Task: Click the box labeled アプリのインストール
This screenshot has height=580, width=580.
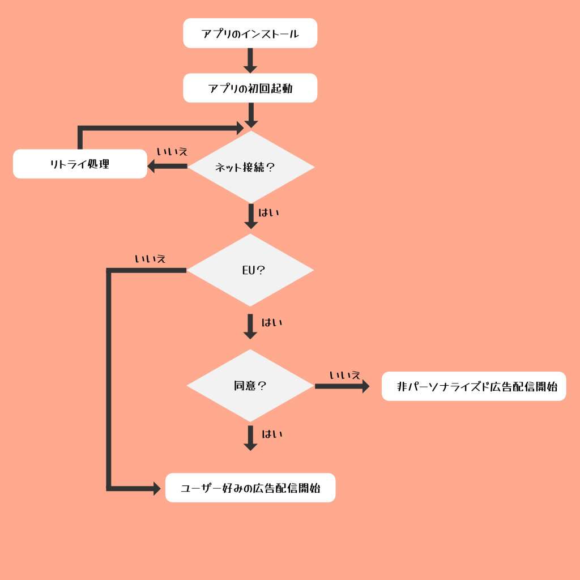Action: coord(250,33)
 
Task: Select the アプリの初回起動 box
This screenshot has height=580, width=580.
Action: coord(250,88)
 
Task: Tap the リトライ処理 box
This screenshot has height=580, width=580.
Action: coord(80,164)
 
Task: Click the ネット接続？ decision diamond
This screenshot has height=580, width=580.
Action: coord(250,167)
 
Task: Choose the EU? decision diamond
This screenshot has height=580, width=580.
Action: coord(250,270)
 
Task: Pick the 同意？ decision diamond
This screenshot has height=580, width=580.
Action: coord(250,386)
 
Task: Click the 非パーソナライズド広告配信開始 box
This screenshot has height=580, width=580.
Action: coord(474,386)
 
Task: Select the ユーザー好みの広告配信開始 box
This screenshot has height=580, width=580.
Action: coord(250,488)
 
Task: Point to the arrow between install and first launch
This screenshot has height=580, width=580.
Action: coord(250,61)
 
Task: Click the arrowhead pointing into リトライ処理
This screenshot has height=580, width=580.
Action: coord(152,166)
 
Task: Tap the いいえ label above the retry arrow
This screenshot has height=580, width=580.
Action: coord(172,152)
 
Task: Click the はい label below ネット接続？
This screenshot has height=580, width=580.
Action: coord(269,213)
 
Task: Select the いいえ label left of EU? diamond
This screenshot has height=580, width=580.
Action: coord(150,259)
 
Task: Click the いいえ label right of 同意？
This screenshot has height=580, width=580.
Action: coord(345,375)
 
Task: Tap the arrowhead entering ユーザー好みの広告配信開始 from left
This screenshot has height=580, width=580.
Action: coord(156,488)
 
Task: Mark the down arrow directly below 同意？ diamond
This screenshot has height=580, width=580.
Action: coord(250,438)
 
